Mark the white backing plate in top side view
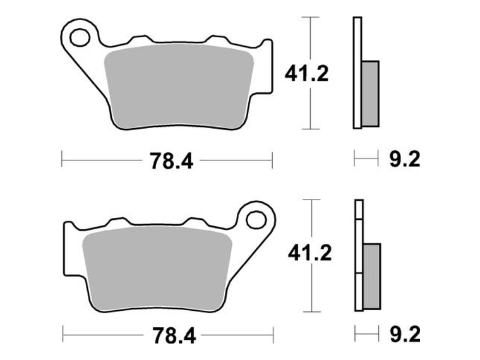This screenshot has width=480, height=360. point(357,73)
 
